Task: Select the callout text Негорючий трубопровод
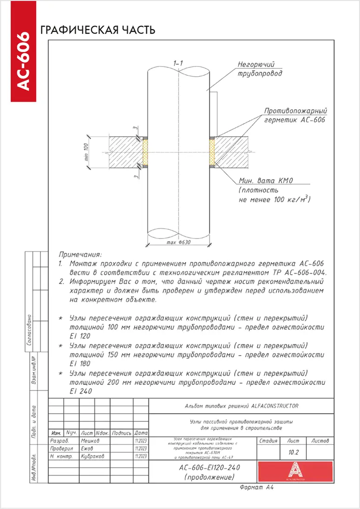point(260,69)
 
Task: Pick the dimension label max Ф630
point(179,243)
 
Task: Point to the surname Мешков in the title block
point(90,440)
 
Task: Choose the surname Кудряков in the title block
point(93,456)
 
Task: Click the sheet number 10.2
point(294,451)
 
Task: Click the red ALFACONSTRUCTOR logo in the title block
point(296,471)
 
